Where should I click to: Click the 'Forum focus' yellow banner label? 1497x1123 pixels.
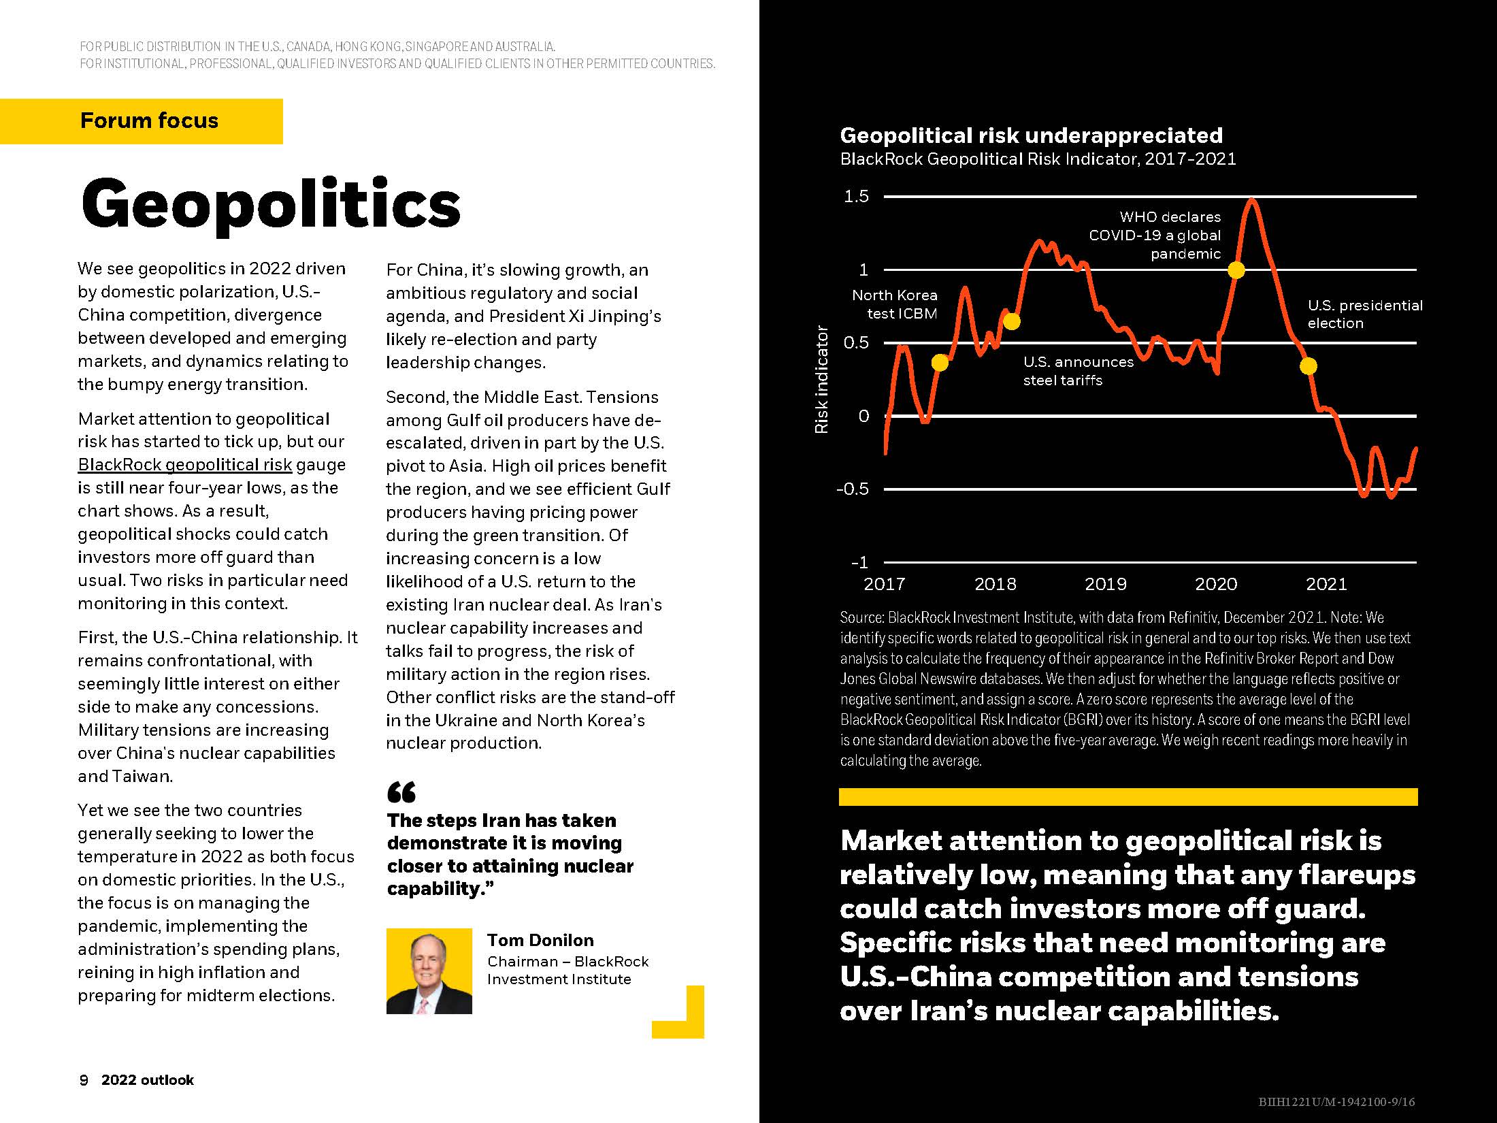(x=149, y=121)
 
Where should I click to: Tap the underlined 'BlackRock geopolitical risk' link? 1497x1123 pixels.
(x=184, y=465)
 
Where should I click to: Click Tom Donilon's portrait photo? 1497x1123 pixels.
(x=429, y=971)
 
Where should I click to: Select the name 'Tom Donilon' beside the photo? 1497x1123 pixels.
(x=540, y=940)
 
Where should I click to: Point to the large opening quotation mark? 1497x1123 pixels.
(x=401, y=792)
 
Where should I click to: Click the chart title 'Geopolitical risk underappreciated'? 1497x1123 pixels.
(x=1031, y=135)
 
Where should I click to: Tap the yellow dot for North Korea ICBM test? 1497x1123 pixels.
(x=939, y=363)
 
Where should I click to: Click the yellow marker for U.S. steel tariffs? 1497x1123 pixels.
(x=1012, y=321)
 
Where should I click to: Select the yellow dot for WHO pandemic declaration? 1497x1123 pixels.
(x=1236, y=270)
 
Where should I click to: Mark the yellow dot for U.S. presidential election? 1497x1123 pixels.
(x=1308, y=366)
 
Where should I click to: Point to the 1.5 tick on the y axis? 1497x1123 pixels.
(x=857, y=197)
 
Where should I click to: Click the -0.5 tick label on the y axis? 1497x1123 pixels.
(x=853, y=489)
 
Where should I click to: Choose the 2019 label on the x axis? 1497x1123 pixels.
(x=1105, y=584)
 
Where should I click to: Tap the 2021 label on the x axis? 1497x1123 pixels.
(x=1326, y=584)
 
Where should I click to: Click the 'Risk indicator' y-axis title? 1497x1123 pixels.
(x=821, y=379)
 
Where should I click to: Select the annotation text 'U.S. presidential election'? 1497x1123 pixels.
(x=1364, y=314)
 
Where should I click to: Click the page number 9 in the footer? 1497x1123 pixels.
(x=84, y=1080)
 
